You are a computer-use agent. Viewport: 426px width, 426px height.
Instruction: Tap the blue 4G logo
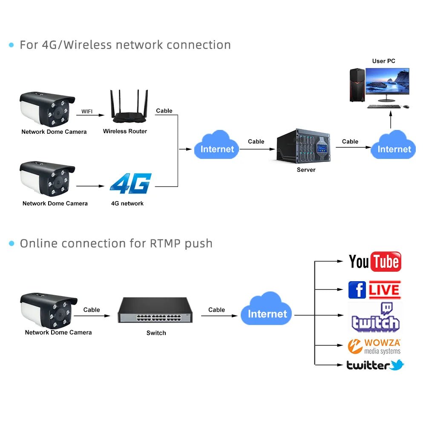click(x=131, y=184)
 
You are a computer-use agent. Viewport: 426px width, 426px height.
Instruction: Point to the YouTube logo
click(x=375, y=262)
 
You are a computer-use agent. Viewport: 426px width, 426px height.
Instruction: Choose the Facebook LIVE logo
click(x=374, y=290)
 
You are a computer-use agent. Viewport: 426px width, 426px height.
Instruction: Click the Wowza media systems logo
click(x=374, y=346)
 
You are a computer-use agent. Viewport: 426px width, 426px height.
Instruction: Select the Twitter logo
click(x=375, y=365)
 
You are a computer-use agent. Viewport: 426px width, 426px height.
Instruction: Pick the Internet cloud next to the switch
click(x=267, y=311)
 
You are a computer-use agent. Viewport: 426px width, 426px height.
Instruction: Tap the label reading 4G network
click(x=127, y=204)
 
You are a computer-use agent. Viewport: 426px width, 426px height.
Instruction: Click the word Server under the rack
click(x=306, y=170)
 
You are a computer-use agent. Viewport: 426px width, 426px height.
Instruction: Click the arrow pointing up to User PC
click(x=391, y=120)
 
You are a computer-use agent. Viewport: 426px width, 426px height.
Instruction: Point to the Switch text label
click(x=156, y=333)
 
